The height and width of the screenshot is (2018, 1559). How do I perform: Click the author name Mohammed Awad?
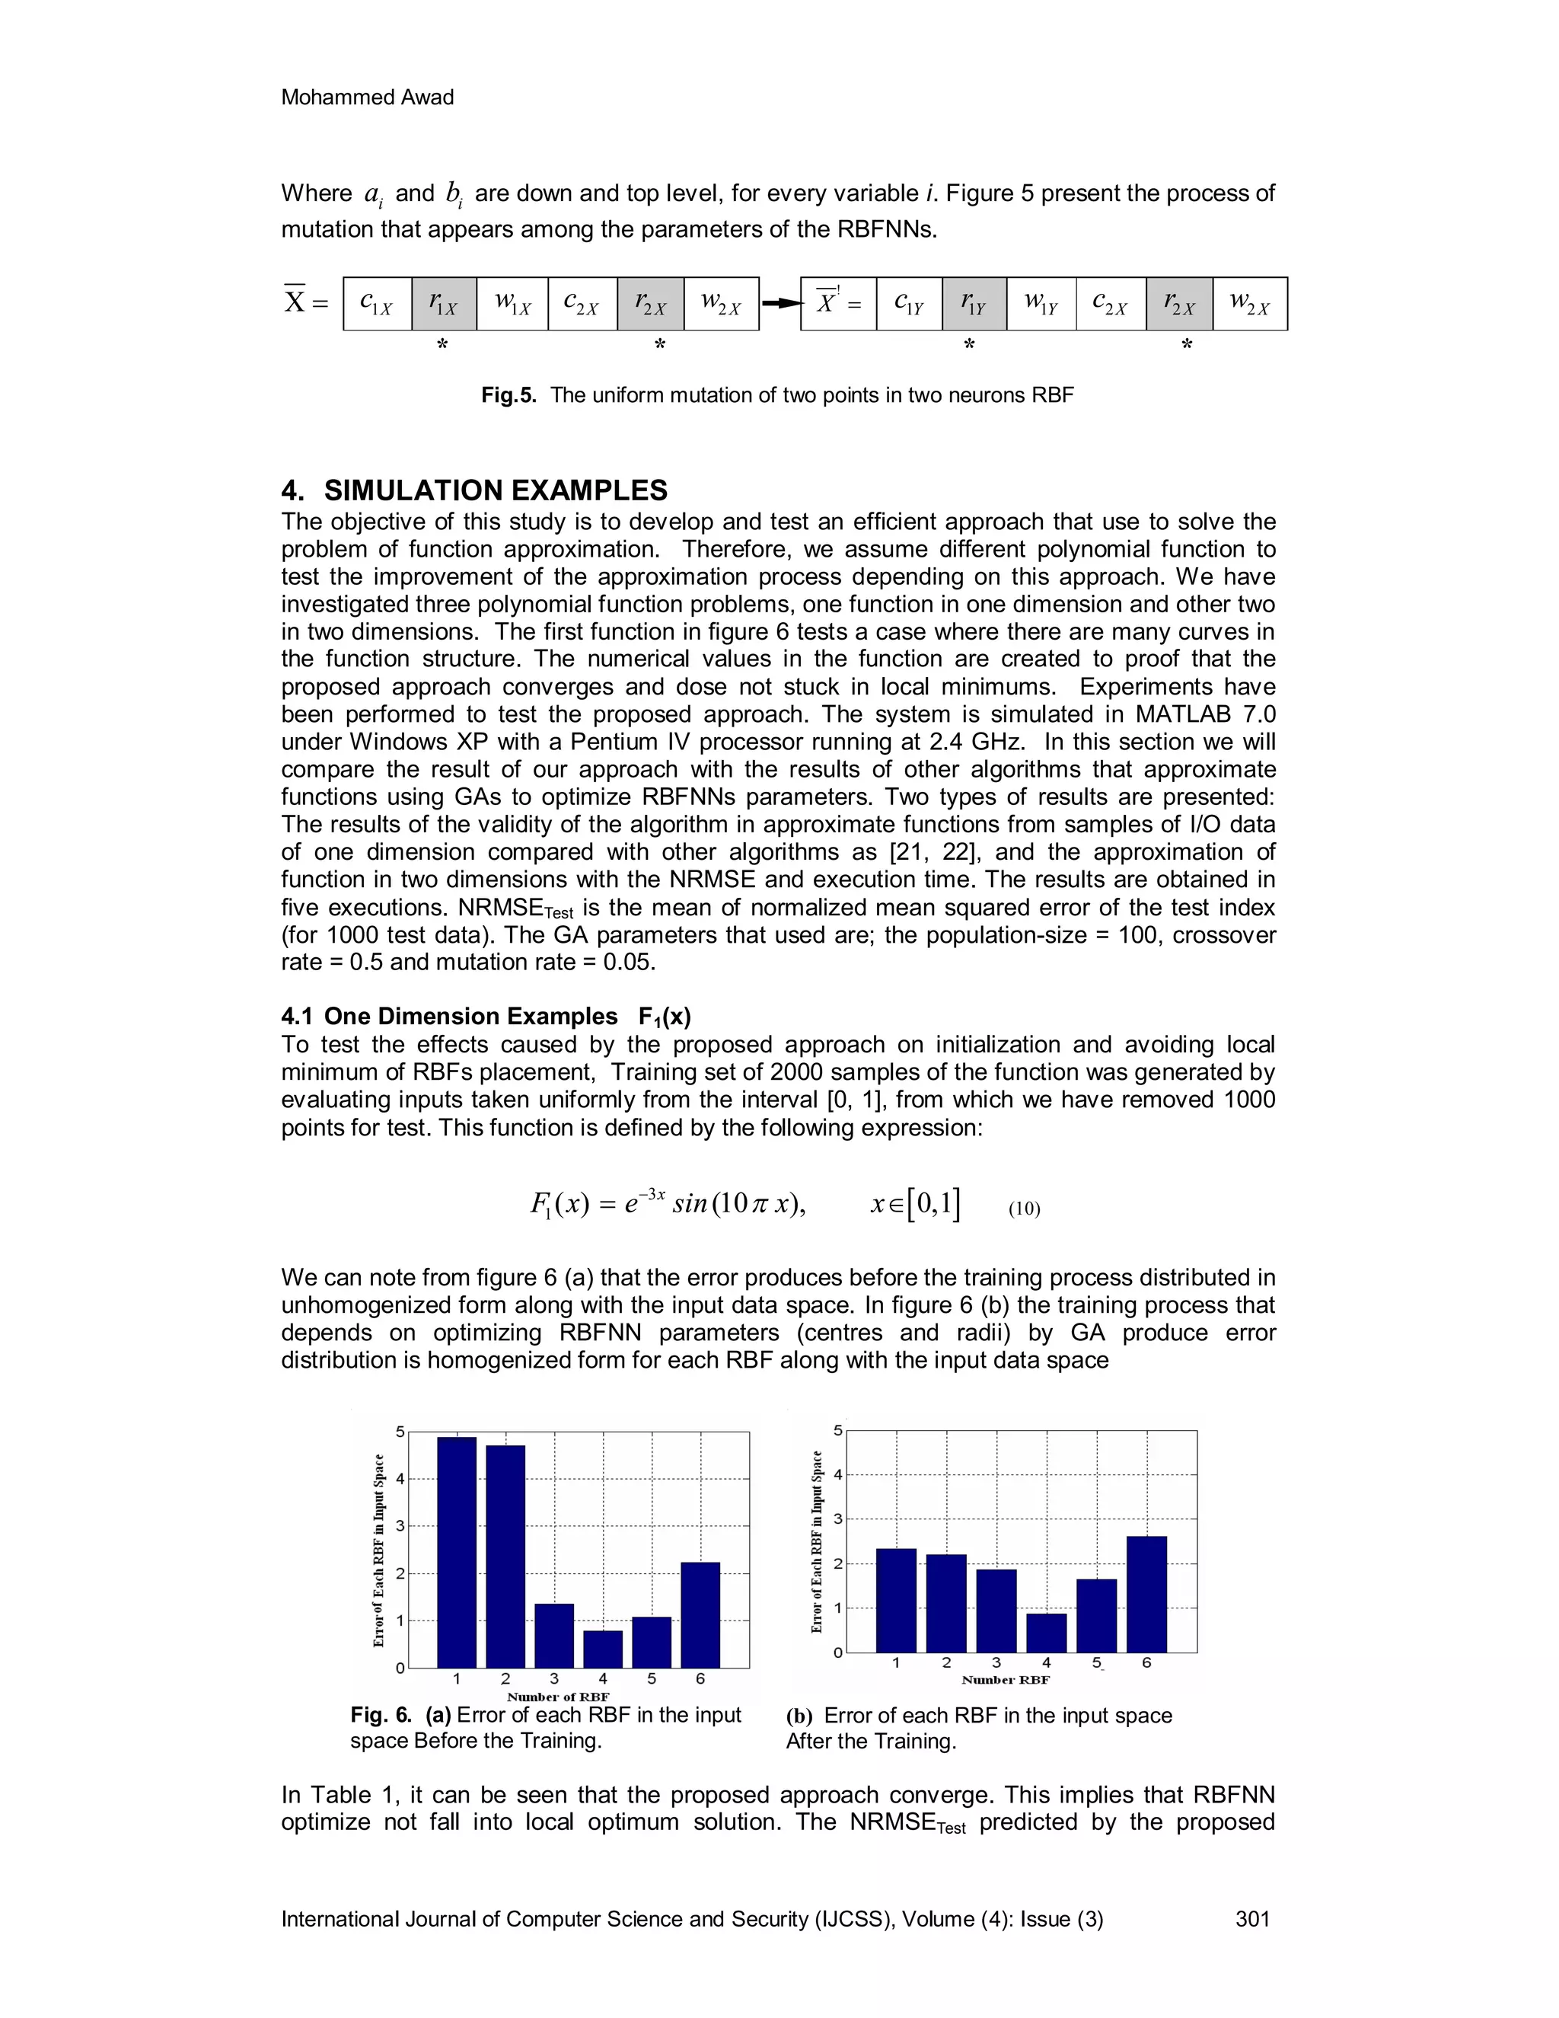(x=367, y=97)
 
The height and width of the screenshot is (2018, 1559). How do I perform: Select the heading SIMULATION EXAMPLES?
(x=495, y=490)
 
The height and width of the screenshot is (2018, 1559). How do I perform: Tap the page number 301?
(x=1252, y=1919)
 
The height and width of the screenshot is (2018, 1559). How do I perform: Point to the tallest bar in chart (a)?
(x=456, y=1552)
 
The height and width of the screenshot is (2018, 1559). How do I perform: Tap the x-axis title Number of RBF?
(x=558, y=1697)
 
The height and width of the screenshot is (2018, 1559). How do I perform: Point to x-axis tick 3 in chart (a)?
(x=553, y=1679)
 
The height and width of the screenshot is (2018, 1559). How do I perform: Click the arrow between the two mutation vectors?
(x=779, y=303)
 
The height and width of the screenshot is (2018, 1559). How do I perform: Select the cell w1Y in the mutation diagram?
(x=1041, y=303)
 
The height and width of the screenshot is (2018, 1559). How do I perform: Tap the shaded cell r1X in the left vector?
(x=443, y=303)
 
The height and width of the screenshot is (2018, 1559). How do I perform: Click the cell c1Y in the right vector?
(x=909, y=303)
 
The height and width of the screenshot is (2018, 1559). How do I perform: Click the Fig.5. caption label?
(x=508, y=395)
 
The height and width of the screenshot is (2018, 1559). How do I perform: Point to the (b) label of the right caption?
(x=799, y=1716)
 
